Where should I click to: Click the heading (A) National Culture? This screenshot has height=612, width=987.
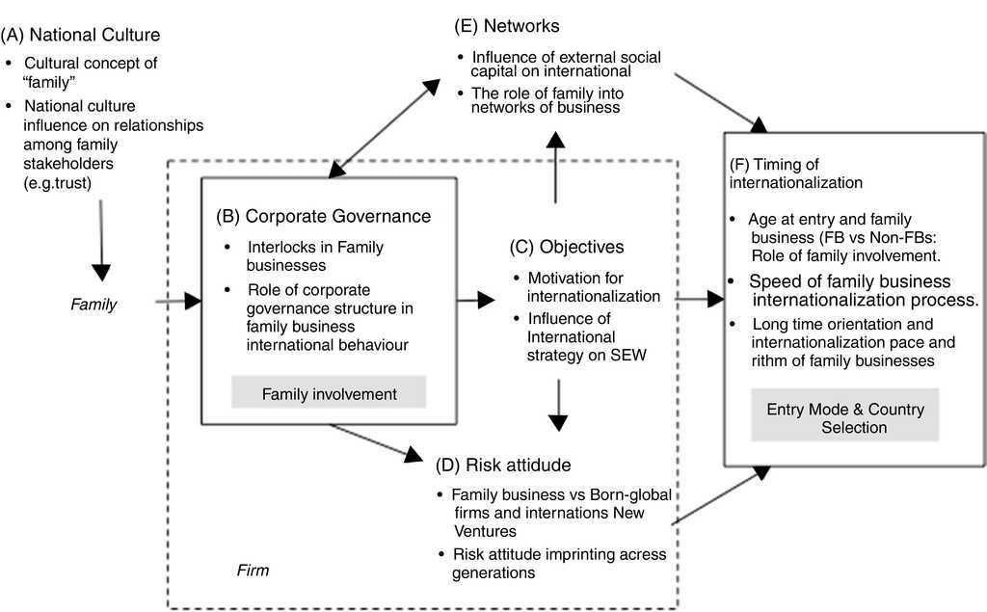81,36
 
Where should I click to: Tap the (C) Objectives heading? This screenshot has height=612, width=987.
567,247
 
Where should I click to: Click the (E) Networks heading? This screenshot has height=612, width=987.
508,25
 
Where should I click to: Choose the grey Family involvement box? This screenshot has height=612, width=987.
330,393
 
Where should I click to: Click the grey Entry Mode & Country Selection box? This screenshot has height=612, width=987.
845,417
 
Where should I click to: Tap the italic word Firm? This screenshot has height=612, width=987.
253,571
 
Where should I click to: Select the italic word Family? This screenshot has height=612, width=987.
93,305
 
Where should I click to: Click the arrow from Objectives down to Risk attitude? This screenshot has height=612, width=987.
557,405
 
